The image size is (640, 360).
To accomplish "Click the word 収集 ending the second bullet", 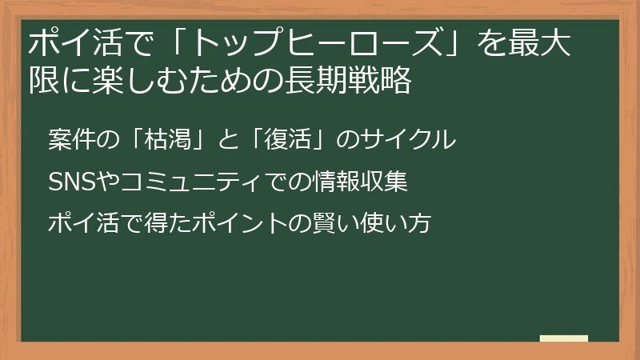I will (x=387, y=182).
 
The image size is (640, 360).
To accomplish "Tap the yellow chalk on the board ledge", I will (x=564, y=339).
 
